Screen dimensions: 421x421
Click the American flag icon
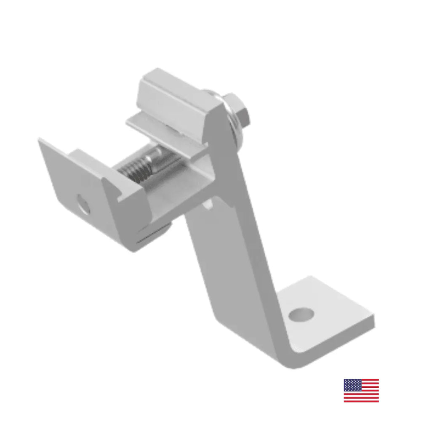[361, 390]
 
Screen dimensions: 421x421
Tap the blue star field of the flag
[352, 385]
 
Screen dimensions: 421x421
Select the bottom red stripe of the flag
[361, 400]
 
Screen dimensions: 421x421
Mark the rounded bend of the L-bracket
[290, 358]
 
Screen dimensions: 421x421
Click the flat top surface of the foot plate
[333, 307]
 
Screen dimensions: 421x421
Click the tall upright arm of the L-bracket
[236, 253]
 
